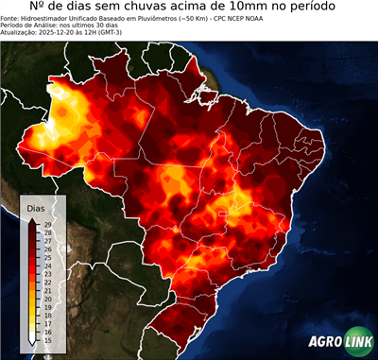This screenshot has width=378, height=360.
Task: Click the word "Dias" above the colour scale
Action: click(36, 207)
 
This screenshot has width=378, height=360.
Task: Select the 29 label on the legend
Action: click(47, 225)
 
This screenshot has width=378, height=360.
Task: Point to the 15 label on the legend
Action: click(47, 341)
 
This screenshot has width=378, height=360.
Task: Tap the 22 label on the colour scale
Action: click(47, 283)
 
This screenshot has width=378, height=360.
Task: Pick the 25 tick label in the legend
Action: click(47, 258)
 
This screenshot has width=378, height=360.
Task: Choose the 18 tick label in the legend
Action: click(47, 316)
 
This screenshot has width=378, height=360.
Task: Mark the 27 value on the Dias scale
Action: click(47, 241)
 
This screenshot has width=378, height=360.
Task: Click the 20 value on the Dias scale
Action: click(47, 300)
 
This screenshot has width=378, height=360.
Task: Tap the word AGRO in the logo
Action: click(325, 341)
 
